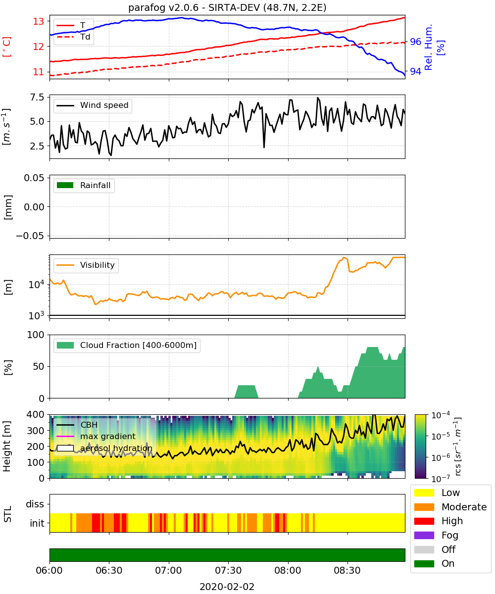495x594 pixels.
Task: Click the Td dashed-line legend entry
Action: pyautogui.click(x=73, y=37)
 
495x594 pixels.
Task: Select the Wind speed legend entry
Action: pyautogui.click(x=93, y=105)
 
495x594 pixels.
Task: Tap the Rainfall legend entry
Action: pyautogui.click(x=84, y=185)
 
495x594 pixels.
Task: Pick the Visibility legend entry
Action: pyautogui.click(x=86, y=265)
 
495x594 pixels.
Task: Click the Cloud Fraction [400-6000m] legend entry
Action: pyautogui.click(x=127, y=345)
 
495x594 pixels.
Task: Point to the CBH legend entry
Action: pyautogui.click(x=77, y=425)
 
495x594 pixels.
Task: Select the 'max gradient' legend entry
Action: pyautogui.click(x=96, y=436)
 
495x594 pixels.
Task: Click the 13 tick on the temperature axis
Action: pyautogui.click(x=39, y=21)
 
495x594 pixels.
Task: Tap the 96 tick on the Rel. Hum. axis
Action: pyautogui.click(x=415, y=42)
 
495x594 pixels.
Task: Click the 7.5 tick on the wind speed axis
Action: pyautogui.click(x=37, y=98)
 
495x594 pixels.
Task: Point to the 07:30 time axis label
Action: pyautogui.click(x=228, y=570)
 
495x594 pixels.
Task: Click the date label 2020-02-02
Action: pyautogui.click(x=227, y=587)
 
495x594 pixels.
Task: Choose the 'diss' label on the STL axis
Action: pyautogui.click(x=35, y=504)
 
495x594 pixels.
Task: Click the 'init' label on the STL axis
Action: pyautogui.click(x=37, y=523)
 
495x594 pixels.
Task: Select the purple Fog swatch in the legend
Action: pyautogui.click(x=424, y=535)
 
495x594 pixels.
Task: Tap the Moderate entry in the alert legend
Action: pyautogui.click(x=450, y=507)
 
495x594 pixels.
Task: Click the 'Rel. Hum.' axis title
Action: pyautogui.click(x=428, y=47)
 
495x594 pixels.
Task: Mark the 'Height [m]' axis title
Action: pyautogui.click(x=7, y=446)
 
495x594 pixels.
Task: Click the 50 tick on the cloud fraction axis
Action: pyautogui.click(x=39, y=366)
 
